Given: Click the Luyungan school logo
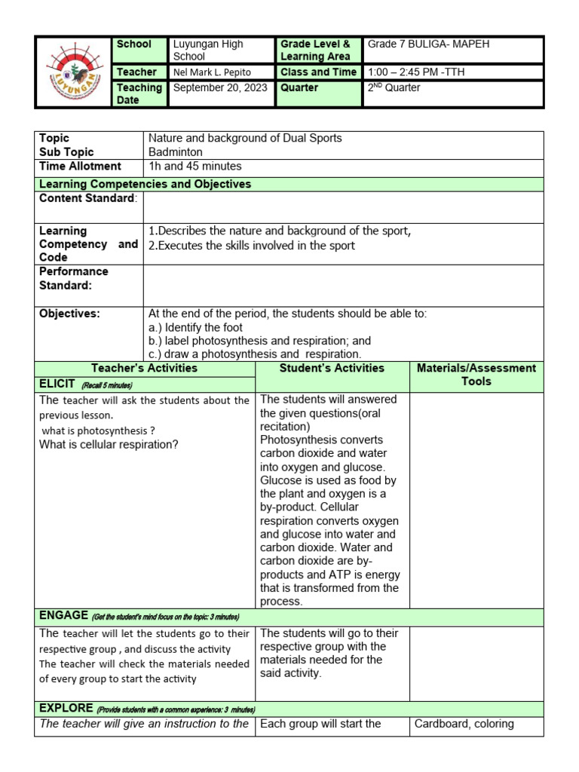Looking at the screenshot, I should pyautogui.click(x=72, y=72).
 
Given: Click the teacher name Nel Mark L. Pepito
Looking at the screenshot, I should pyautogui.click(x=213, y=72).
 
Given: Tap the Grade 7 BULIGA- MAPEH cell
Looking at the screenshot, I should pyautogui.click(x=428, y=44).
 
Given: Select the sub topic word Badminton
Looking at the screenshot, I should pyautogui.click(x=176, y=152).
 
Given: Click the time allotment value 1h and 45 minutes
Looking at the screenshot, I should pyautogui.click(x=195, y=166).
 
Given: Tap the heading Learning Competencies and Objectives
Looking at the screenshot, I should pyautogui.click(x=146, y=184).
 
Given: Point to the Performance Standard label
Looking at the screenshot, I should pyautogui.click(x=74, y=278).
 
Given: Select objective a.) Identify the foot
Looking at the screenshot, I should pyautogui.click(x=195, y=327).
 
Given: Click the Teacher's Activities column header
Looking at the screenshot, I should pyautogui.click(x=144, y=368).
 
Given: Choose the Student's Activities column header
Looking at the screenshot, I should pyautogui.click(x=332, y=368).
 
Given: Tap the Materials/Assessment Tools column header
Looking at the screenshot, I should pyautogui.click(x=476, y=375).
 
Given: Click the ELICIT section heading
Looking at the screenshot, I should pyautogui.click(x=59, y=384).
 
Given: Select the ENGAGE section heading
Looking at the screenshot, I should pyautogui.click(x=64, y=616).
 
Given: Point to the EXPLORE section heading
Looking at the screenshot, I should pyautogui.click(x=66, y=709).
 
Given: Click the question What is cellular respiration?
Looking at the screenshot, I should pyautogui.click(x=109, y=444).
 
